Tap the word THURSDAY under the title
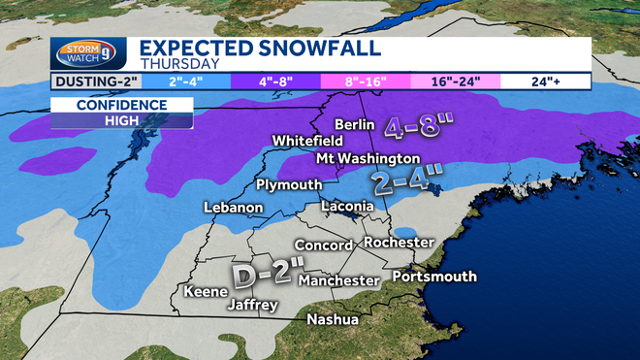(173, 64)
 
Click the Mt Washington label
(368, 158)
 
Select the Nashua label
(332, 319)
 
